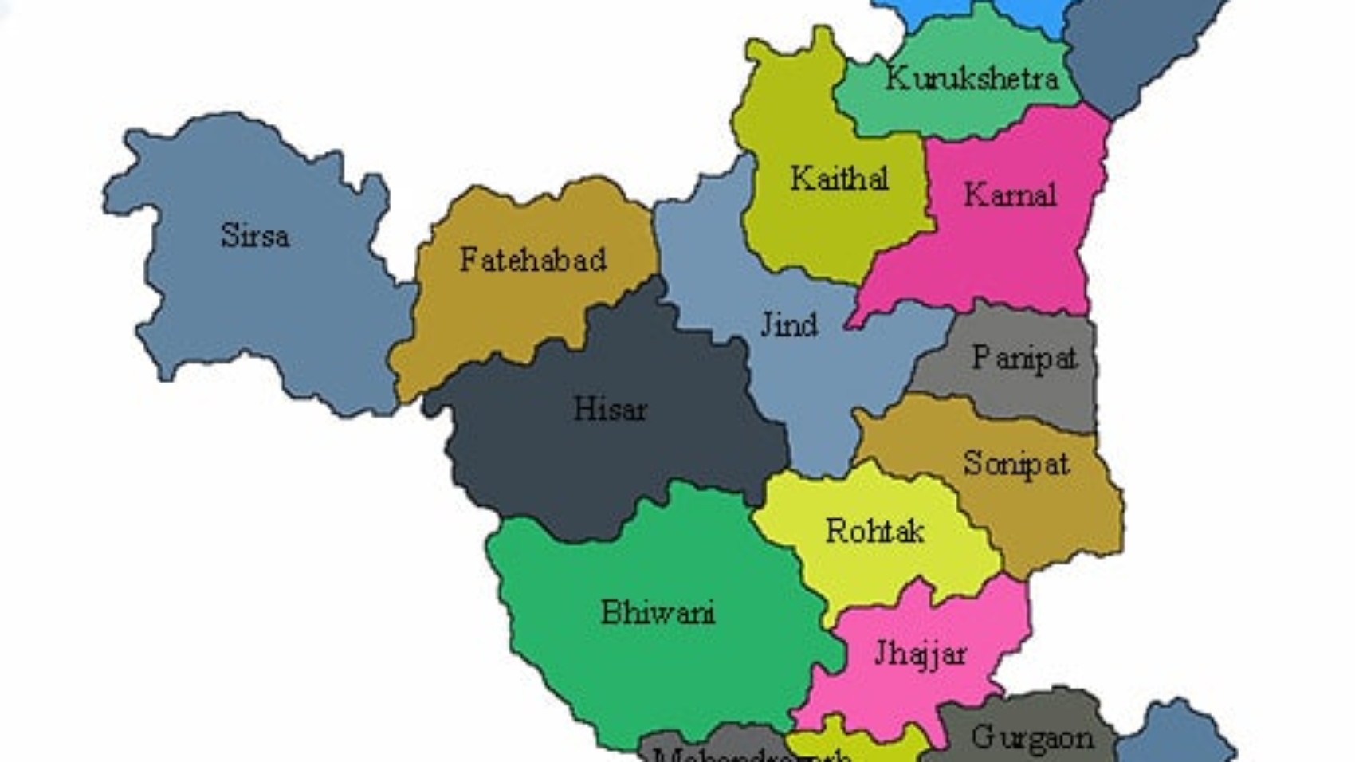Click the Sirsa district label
coord(254,235)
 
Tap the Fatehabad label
coord(532,260)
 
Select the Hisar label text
coord(610,409)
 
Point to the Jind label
coord(788,324)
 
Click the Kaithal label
coord(839,179)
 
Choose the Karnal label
coord(1010,194)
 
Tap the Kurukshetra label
coord(972,78)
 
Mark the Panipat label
coord(1024,358)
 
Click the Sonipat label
coord(1015,463)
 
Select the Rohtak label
coord(874,531)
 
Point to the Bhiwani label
coord(658,612)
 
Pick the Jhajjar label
coord(920,654)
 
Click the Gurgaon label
coord(1032,738)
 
